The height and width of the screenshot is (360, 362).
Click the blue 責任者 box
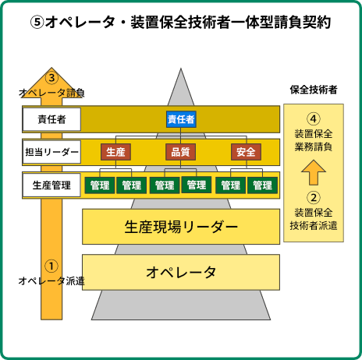click(181, 119)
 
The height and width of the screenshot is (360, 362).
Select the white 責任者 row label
click(51, 119)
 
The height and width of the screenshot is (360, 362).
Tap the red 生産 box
click(115, 152)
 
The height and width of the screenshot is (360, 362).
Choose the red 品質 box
click(180, 152)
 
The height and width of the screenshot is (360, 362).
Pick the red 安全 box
click(246, 152)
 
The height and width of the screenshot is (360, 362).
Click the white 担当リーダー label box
click(51, 152)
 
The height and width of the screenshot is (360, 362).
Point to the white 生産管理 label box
click(51, 185)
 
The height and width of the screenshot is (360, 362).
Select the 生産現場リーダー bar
click(181, 227)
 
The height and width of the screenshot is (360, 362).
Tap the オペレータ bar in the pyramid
click(181, 272)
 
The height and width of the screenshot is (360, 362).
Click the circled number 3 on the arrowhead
click(51, 77)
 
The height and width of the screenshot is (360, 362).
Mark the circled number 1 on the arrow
click(51, 266)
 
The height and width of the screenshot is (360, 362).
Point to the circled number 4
click(314, 118)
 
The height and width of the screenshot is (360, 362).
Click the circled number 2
click(314, 198)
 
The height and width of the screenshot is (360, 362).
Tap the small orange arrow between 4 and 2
click(314, 172)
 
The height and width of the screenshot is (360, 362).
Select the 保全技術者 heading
click(314, 90)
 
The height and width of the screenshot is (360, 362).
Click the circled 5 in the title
click(37, 23)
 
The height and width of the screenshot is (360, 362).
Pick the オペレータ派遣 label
click(51, 281)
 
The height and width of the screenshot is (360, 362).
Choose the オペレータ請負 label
click(51, 93)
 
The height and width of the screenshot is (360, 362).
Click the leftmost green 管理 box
click(100, 185)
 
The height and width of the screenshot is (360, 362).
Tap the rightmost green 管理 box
click(262, 185)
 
